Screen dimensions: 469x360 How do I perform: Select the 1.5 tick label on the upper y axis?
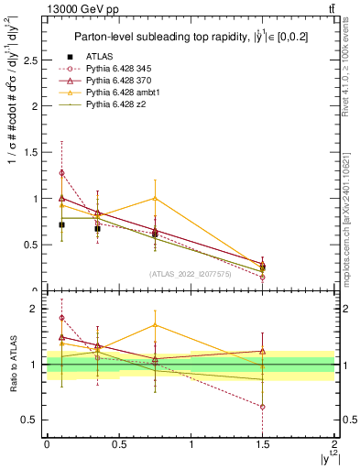tap(31, 152)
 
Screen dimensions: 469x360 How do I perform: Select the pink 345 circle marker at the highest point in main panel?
tap(61, 172)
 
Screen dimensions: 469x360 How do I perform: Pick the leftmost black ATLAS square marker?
tap(61, 224)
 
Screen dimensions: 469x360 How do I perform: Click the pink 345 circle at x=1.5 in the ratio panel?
tap(263, 407)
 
